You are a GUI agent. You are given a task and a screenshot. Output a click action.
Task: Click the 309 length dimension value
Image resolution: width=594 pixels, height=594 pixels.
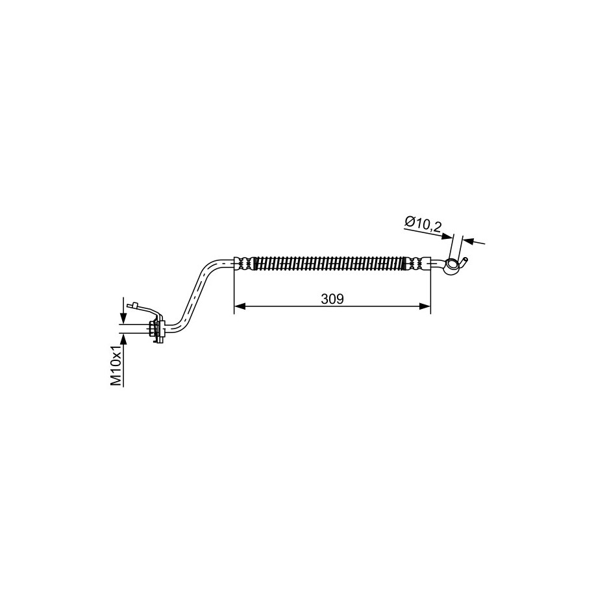pyautogui.click(x=332, y=299)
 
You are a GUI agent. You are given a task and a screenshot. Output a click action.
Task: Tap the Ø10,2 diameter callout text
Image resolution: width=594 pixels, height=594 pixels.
pyautogui.click(x=423, y=225)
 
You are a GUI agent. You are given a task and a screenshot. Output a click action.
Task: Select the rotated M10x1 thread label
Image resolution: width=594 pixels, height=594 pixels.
pyautogui.click(x=116, y=365)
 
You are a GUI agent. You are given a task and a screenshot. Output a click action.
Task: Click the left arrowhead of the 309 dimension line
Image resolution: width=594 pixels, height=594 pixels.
pyautogui.click(x=240, y=306)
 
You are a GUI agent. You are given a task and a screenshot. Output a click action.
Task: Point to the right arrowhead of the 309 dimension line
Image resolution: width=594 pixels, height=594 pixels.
pyautogui.click(x=425, y=306)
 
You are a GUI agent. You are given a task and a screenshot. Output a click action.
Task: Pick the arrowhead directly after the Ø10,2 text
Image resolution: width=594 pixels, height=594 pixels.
pyautogui.click(x=448, y=236)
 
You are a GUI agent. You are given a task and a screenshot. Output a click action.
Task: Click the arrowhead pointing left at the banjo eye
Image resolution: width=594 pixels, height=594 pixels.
pyautogui.click(x=469, y=241)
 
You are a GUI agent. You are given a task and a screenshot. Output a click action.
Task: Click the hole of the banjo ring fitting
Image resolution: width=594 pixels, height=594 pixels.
pyautogui.click(x=451, y=264)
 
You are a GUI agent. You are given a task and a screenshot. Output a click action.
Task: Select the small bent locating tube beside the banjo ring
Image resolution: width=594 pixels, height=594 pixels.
pyautogui.click(x=463, y=262)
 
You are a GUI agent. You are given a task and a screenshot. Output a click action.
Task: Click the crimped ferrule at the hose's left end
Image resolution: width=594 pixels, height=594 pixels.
pyautogui.click(x=244, y=264)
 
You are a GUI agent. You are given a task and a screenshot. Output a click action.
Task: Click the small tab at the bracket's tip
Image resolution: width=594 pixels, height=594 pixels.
pyautogui.click(x=133, y=305)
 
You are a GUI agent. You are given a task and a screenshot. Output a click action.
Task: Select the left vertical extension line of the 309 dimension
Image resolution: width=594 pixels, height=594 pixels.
pyautogui.click(x=234, y=285)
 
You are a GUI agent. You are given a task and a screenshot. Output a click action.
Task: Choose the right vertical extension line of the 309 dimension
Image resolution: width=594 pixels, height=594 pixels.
pyautogui.click(x=430, y=285)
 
